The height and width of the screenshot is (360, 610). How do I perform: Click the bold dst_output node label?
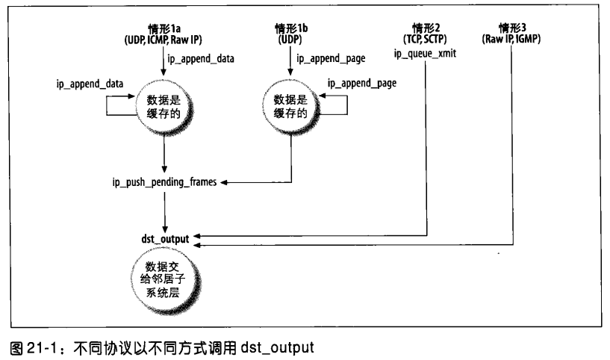(x=164, y=238)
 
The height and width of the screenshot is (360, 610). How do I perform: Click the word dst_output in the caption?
(x=279, y=348)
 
